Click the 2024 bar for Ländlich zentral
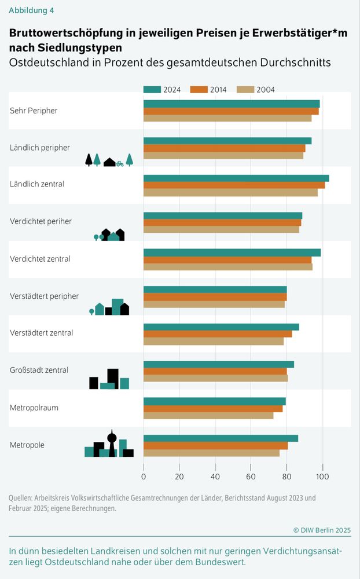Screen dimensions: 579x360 tap(236, 178)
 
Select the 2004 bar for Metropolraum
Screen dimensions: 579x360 tap(208, 415)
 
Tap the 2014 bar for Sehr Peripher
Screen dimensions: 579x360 tap(231, 111)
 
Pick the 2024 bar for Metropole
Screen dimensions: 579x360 tap(221, 438)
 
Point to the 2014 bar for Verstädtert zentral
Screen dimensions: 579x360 tap(218, 334)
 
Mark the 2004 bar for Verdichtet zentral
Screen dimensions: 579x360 tap(227, 267)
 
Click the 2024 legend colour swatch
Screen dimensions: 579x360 tap(152, 89)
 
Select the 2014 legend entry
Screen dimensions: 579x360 tap(208, 89)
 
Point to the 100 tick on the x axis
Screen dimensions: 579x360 tap(322, 477)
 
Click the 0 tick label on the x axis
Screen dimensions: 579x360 tap(144, 477)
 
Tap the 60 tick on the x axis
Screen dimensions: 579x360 tap(251, 477)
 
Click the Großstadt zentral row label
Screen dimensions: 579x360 tap(39, 370)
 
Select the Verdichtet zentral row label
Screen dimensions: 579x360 tap(40, 259)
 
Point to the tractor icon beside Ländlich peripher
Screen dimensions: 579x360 tap(120, 164)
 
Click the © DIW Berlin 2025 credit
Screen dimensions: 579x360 tap(322, 530)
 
